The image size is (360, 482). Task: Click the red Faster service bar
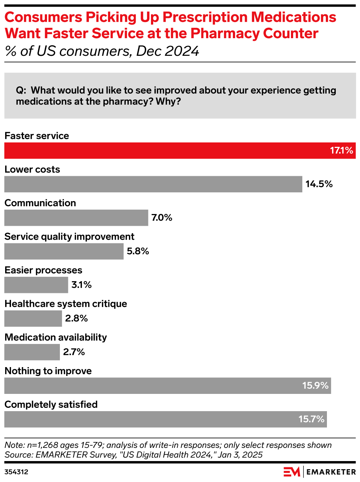point(165,151)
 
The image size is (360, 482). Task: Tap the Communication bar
point(76,218)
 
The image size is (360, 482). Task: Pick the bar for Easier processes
point(36,285)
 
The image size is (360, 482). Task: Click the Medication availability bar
point(32,352)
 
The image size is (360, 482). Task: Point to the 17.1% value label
point(341,151)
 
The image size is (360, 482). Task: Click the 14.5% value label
point(319,184)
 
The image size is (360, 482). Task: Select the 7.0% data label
point(162,218)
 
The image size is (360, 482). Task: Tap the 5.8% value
point(138,251)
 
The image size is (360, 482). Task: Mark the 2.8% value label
point(76,319)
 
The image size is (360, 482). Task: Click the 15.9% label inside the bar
point(315,386)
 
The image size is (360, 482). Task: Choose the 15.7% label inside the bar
point(311,419)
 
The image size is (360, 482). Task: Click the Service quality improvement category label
point(69,237)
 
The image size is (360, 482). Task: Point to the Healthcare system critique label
point(66,304)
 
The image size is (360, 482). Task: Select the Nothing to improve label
point(48,371)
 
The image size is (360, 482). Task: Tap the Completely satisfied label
point(51,405)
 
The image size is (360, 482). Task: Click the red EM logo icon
point(292,472)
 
